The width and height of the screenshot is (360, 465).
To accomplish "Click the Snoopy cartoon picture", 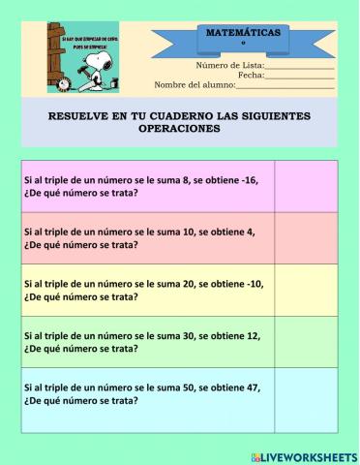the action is pyautogui.click(x=82, y=57).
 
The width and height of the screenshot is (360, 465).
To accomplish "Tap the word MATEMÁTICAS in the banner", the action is pyautogui.click(x=243, y=33).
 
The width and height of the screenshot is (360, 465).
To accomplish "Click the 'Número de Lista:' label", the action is pyautogui.click(x=229, y=65).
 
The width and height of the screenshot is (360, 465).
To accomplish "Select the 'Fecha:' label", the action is pyautogui.click(x=251, y=75).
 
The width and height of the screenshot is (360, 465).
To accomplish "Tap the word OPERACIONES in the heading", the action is pyautogui.click(x=179, y=128).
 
